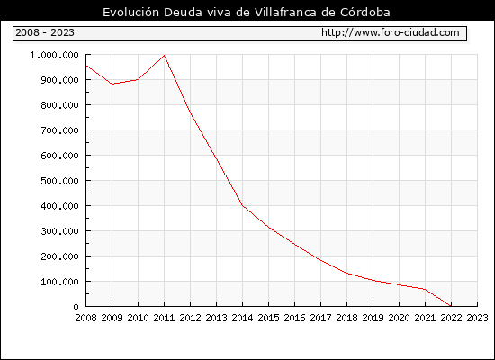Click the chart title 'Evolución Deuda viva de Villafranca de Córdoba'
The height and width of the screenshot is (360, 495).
(x=247, y=12)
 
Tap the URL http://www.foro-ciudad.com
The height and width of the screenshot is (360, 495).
(x=391, y=32)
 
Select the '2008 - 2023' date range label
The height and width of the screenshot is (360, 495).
(x=45, y=32)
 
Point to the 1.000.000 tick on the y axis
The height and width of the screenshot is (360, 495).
(x=54, y=55)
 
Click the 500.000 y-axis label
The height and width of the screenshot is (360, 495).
(x=59, y=181)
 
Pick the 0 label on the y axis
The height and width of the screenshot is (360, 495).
(x=76, y=307)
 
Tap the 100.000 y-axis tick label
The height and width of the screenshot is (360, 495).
(x=59, y=282)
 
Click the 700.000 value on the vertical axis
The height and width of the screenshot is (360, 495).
(x=59, y=130)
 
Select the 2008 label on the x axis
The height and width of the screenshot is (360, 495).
(x=85, y=318)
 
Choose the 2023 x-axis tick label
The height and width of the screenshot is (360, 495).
(x=477, y=318)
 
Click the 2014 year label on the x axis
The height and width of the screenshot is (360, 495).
(x=242, y=318)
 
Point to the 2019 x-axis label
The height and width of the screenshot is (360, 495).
(x=373, y=318)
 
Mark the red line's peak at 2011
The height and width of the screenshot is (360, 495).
(x=164, y=56)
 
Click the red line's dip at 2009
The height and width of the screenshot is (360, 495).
(x=112, y=84)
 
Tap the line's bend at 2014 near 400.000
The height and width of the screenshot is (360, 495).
(x=242, y=205)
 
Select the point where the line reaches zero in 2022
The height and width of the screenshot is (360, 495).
(x=451, y=306)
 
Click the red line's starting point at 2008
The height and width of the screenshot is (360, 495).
(x=86, y=66)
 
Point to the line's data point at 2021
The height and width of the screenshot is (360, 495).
(x=425, y=289)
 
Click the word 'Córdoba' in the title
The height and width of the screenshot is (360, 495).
(x=365, y=12)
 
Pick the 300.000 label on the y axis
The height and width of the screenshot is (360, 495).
(x=59, y=231)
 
